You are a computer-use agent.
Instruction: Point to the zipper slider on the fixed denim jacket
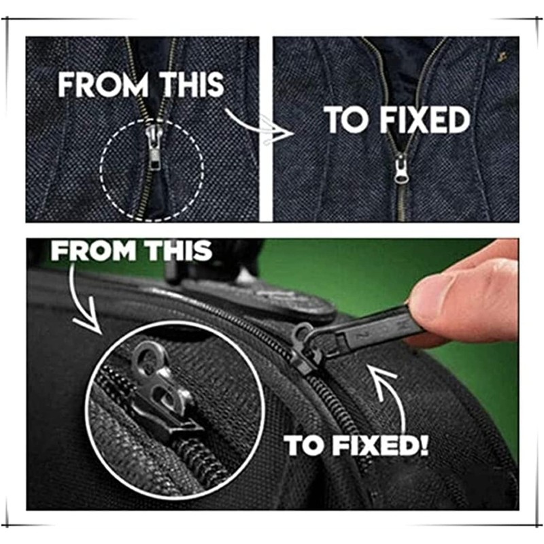point(401,168)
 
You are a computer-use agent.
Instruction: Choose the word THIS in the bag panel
point(177,252)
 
